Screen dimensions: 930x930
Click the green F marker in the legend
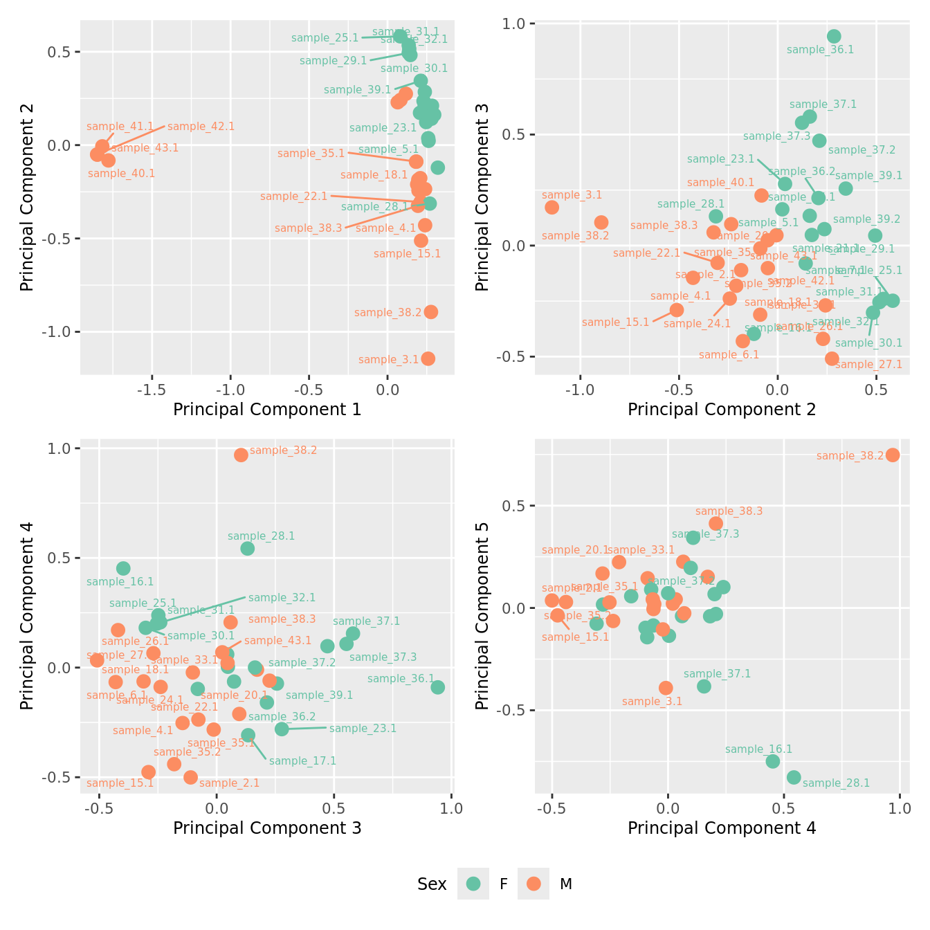(x=473, y=884)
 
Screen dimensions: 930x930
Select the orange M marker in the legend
(x=533, y=884)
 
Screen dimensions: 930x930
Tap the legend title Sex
(x=432, y=884)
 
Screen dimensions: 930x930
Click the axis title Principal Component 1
(x=267, y=410)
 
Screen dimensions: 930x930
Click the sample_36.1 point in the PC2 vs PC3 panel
(x=834, y=37)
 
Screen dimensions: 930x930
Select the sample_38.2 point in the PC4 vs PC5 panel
(x=893, y=455)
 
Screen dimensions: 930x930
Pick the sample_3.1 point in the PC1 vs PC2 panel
(x=428, y=358)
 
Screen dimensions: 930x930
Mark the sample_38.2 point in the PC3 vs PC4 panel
(x=241, y=455)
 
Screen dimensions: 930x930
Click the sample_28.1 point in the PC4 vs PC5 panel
(x=794, y=778)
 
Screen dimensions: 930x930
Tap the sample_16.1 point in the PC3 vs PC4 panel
(x=123, y=568)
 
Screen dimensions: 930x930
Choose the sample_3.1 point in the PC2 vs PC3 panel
(x=551, y=208)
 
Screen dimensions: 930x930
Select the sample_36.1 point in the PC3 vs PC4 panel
(x=437, y=687)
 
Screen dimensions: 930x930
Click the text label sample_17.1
(x=302, y=761)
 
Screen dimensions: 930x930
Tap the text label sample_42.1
(x=201, y=127)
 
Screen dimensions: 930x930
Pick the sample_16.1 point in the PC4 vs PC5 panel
(x=773, y=761)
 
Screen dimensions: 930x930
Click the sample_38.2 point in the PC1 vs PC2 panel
(x=430, y=312)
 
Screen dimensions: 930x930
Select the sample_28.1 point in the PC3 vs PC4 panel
(x=247, y=549)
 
